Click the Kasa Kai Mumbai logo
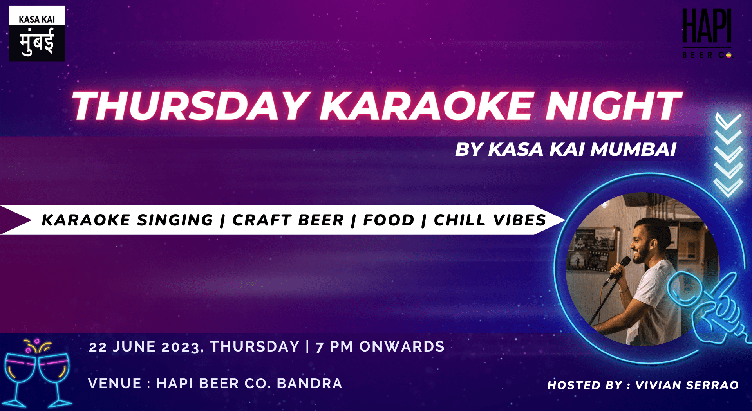[x=37, y=34]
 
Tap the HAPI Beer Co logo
[x=707, y=34]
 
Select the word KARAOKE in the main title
[x=427, y=106]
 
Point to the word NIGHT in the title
[x=613, y=106]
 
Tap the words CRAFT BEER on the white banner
[x=288, y=220]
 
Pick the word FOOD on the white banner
[x=389, y=220]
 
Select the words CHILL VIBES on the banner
[x=490, y=220]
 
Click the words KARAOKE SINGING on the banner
[x=127, y=220]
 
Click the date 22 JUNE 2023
[x=144, y=347]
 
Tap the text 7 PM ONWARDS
[x=380, y=347]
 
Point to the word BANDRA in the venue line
[x=309, y=384]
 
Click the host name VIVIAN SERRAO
[x=687, y=385]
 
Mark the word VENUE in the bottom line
[x=115, y=384]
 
